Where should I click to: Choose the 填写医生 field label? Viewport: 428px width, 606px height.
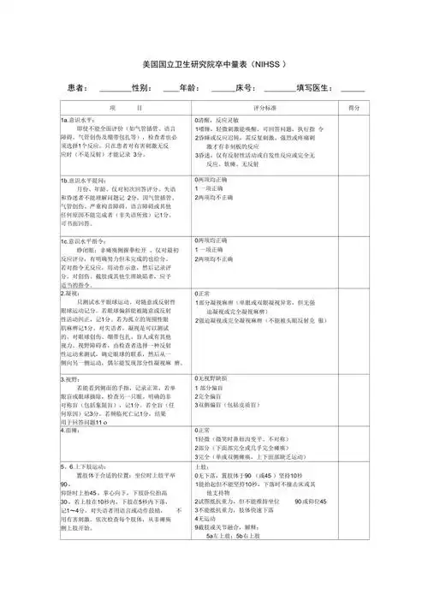pos(317,88)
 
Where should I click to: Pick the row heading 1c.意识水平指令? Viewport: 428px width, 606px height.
pos(85,242)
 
